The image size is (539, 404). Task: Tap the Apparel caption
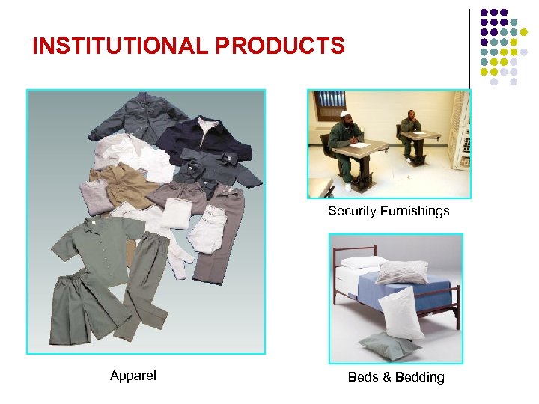point(133,376)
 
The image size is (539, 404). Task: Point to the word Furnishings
point(416,211)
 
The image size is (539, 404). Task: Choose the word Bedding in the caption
point(419,377)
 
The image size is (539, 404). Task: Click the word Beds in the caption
point(363,377)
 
